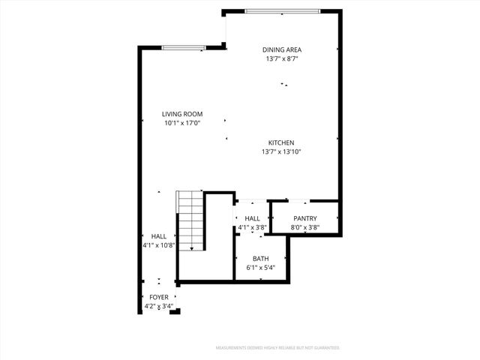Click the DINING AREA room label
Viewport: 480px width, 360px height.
tap(282, 49)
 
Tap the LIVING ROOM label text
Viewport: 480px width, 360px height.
tap(183, 114)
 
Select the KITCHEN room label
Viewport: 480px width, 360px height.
tap(282, 142)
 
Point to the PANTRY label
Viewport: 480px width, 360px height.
tap(305, 218)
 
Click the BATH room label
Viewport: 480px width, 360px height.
tap(260, 259)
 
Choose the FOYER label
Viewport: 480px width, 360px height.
tap(159, 297)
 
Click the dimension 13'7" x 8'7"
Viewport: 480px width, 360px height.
tap(282, 59)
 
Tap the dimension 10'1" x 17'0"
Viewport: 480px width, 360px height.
tap(183, 124)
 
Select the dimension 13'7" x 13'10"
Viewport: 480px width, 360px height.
tap(282, 152)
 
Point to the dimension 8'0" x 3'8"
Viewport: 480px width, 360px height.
tap(305, 228)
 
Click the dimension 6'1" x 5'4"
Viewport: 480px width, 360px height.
tap(260, 268)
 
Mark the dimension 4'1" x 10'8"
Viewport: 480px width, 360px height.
tap(158, 244)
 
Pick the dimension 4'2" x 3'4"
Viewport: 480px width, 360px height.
tap(159, 306)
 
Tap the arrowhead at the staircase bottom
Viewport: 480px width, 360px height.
tap(192, 248)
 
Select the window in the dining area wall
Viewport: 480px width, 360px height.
tap(283, 10)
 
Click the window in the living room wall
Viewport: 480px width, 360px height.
tap(183, 48)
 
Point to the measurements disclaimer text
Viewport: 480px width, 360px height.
tap(277, 348)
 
